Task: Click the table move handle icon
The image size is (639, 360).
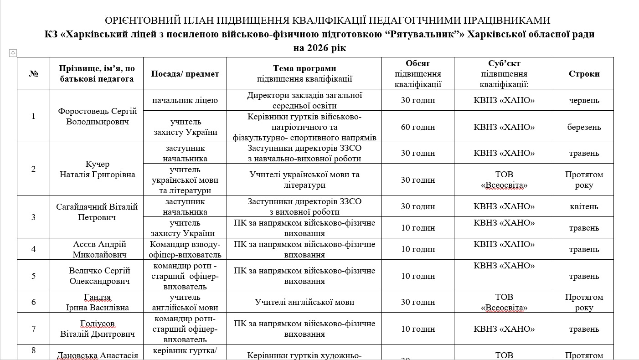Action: pos(13,53)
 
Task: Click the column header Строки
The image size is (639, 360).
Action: pos(584,74)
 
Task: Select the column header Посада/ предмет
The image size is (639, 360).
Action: pos(185,74)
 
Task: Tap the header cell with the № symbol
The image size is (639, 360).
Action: pos(33,74)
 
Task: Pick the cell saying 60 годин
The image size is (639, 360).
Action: pos(417,127)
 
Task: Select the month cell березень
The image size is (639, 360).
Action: pos(584,127)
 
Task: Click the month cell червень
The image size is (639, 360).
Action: pos(584,100)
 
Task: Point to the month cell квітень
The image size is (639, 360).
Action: pos(584,206)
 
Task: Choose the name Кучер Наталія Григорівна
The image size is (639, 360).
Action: pos(97,169)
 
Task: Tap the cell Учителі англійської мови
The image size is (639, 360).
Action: pos(304,302)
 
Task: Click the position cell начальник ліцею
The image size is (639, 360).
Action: pos(185,100)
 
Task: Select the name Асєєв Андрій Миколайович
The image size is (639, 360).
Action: pos(99,249)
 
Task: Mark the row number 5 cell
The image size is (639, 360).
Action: pos(33,276)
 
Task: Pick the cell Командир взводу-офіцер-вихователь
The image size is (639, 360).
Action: pos(185,249)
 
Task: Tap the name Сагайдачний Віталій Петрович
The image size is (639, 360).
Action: pos(97,212)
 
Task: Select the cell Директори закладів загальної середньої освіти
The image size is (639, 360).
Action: pos(304,100)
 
